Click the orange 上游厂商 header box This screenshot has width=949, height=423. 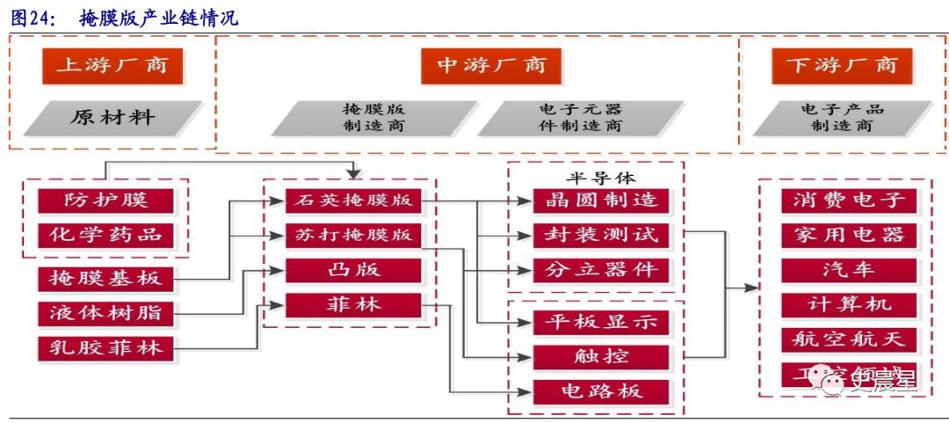pos(112,66)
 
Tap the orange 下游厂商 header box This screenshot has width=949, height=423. pos(842,66)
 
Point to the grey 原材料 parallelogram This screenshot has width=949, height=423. pos(112,118)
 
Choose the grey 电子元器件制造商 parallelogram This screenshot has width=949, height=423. pos(580,118)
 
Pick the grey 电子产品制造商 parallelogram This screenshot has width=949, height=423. pos(842,118)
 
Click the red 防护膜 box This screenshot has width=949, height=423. pos(105,201)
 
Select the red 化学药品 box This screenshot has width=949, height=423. pos(105,235)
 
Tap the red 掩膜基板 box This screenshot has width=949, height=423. pos(105,279)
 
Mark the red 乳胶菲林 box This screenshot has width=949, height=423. pos(105,347)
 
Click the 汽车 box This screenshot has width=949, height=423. pos(849,270)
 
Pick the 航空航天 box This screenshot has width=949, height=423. pos(849,339)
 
